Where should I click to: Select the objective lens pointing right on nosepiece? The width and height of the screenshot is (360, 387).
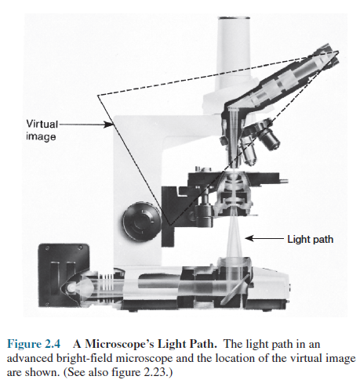267,139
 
